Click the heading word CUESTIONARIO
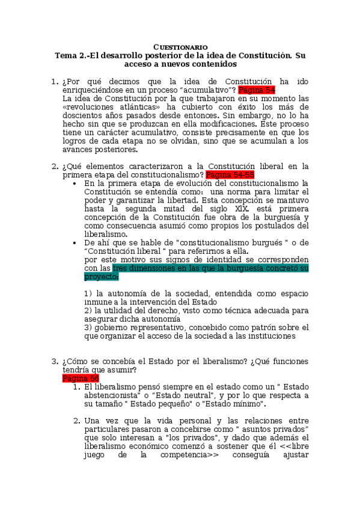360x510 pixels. point(180,46)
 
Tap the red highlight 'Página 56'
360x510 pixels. point(81,378)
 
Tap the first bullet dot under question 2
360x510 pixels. point(74,183)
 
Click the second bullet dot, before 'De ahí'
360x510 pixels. point(74,242)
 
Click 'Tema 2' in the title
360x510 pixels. point(70,55)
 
